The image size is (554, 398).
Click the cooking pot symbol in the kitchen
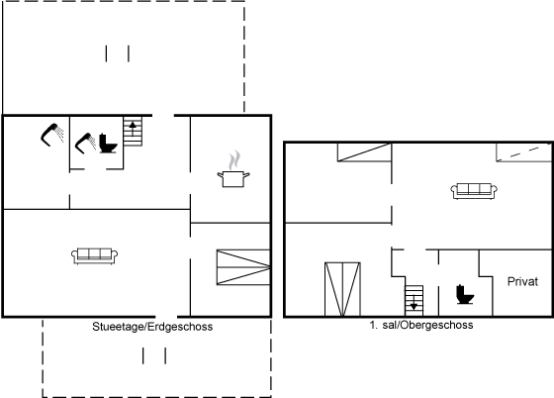[x=233, y=179]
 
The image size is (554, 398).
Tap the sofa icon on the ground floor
[x=95, y=255]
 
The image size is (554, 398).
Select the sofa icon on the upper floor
[x=474, y=191]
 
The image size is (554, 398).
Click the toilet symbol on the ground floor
[x=108, y=144]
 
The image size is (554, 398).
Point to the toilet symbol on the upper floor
[x=465, y=294]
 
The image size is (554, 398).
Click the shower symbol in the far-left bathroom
[x=52, y=135]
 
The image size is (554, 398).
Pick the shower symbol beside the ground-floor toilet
[x=85, y=144]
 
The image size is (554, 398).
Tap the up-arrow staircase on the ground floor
[x=133, y=132]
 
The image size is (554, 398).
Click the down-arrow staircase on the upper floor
[x=415, y=300]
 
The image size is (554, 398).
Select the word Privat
[x=522, y=282]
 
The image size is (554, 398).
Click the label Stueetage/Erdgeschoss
[x=152, y=327]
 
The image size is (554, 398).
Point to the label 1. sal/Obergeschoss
[x=421, y=325]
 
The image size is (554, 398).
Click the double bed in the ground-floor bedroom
[x=243, y=267]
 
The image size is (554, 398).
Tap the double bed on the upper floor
[x=342, y=289]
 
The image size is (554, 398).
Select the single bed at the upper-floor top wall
[x=364, y=152]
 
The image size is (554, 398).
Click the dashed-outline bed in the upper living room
[x=524, y=152]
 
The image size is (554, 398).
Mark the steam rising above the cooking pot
[x=234, y=160]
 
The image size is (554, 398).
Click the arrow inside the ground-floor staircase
[x=133, y=129]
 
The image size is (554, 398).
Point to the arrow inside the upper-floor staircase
[x=415, y=303]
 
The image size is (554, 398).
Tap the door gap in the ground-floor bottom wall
[x=166, y=317]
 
